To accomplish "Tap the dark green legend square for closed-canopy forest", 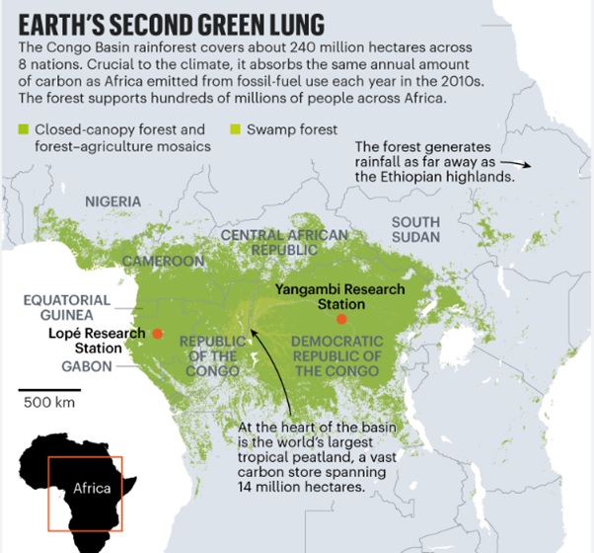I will coord(24,130).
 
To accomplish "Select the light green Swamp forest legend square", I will coord(234,130).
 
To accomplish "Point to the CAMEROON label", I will coord(163,262).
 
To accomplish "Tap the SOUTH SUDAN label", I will coord(415,230).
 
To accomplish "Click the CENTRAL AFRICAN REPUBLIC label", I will coord(284,243).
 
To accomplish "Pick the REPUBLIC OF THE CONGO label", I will coord(209,355).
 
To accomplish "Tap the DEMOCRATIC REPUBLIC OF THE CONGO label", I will coord(335,355).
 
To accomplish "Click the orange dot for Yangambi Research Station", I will coord(340,319).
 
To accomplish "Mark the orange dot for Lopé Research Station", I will coord(157,334).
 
